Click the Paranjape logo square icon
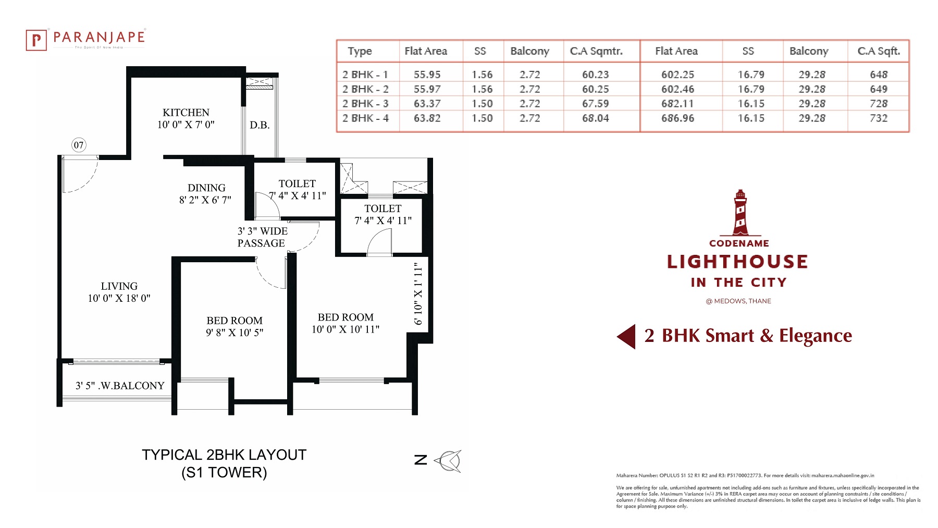36,40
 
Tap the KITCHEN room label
186,113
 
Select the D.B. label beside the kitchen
260,125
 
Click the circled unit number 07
79,145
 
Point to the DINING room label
206,188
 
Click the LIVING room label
119,286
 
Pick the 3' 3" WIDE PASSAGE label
262,237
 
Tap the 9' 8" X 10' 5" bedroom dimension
234,333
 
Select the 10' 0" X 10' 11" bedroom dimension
345,329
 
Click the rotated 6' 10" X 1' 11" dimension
418,293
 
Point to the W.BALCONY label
132,386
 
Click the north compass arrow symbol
448,461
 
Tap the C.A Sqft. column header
879,51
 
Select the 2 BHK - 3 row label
365,104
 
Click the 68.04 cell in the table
596,118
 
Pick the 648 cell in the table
879,75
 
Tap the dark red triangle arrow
626,336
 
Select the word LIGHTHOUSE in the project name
737,262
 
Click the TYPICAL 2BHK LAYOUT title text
224,455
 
